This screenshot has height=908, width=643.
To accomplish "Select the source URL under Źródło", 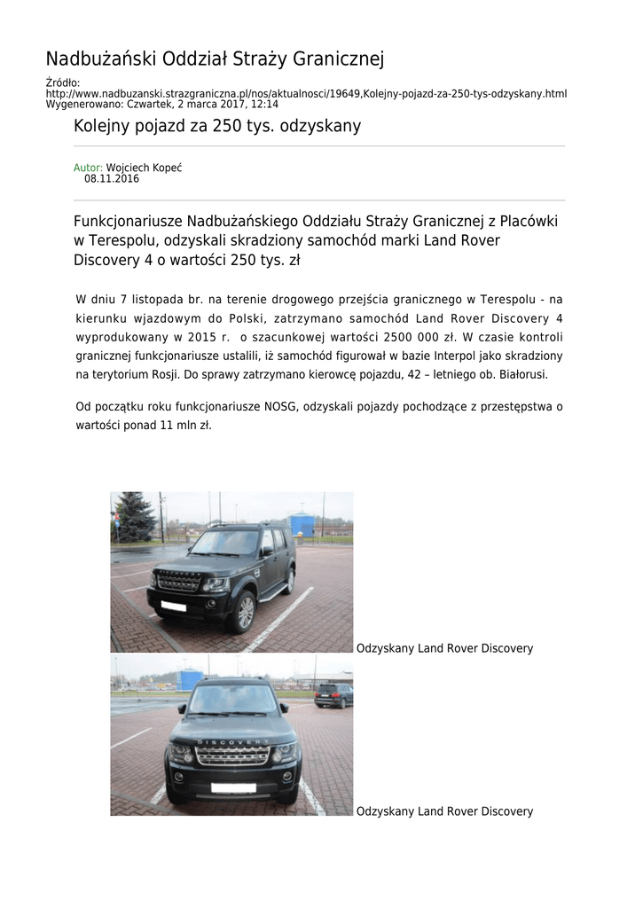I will tap(306, 93).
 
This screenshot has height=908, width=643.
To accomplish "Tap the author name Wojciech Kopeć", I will tap(144, 168).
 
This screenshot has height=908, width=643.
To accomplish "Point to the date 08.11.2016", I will tap(112, 178).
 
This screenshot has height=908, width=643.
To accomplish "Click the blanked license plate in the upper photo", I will tap(174, 607).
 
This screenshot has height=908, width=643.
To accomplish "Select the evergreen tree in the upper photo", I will tap(134, 516).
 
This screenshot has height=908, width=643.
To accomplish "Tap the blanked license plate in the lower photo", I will tap(232, 787).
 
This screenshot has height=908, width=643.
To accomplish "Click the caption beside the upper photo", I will tap(444, 648).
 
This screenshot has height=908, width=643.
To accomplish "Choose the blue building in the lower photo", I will tap(191, 678).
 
